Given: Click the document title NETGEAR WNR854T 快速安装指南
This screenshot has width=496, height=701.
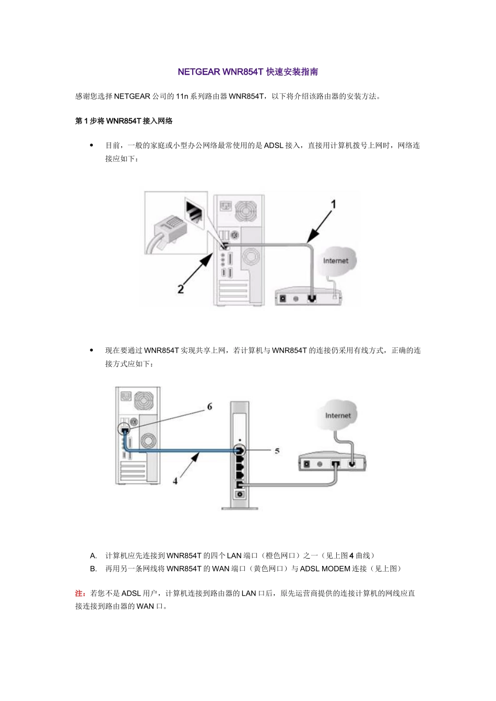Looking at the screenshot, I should pos(247,72).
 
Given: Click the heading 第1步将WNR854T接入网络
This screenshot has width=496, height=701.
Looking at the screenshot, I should pos(124,121).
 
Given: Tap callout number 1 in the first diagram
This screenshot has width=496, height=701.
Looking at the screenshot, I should pos(333,204).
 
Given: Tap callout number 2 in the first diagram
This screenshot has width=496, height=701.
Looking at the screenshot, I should pos(181,288).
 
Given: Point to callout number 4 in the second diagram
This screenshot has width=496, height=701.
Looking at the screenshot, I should pos(175,481).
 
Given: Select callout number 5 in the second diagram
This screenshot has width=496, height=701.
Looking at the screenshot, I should pos(277,451).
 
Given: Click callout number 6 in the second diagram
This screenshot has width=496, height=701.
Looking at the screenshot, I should pos(209,406).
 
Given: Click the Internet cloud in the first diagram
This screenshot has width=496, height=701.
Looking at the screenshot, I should pos(335,260).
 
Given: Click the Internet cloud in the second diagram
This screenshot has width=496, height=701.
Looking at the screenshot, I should pos(337,415).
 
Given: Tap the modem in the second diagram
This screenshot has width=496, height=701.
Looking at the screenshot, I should pos(332,462).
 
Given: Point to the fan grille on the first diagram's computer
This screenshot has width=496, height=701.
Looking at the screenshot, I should pos(246,211).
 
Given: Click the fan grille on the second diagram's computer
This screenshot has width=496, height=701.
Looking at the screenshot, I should pos(144,401).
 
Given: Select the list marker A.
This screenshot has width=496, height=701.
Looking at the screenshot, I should pos(93,556).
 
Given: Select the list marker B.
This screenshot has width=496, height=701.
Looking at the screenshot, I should pos(93,569).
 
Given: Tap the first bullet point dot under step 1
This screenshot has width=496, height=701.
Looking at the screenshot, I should pos(92,146).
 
